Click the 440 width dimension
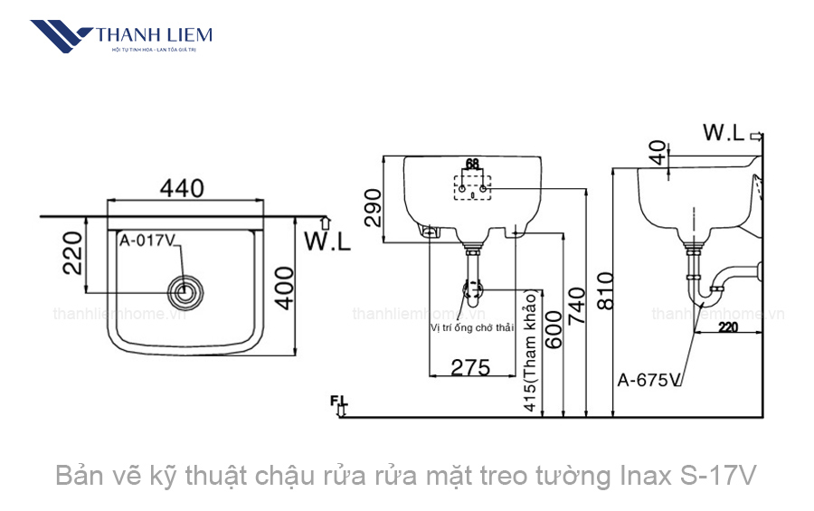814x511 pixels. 182,187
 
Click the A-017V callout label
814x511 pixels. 146,241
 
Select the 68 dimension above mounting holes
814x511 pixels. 471,165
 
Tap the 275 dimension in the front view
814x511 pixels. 469,367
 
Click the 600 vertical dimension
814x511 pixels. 551,343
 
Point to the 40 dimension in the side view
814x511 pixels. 658,150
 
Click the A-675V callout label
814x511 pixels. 648,380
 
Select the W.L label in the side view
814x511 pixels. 724,133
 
